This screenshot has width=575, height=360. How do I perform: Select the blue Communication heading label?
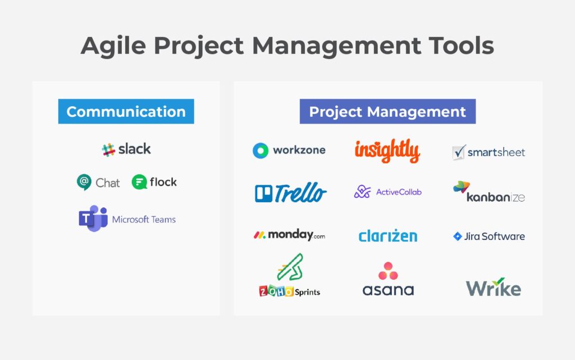126,111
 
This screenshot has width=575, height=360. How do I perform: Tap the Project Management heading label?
387,111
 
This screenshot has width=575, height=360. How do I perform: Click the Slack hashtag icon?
108,149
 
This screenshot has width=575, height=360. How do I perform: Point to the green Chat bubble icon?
84,182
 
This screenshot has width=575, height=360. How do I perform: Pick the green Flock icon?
139,182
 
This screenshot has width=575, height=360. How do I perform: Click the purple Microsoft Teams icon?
93,218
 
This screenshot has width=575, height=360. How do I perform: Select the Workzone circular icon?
261,151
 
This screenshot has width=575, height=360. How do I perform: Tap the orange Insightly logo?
387,151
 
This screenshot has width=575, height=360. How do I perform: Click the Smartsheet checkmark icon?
459,152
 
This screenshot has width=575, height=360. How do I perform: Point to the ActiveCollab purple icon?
362,192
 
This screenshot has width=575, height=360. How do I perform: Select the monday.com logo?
289,235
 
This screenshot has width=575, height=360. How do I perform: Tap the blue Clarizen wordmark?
387,236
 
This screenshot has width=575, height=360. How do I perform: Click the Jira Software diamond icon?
458,236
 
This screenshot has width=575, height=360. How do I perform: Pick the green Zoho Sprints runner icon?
290,267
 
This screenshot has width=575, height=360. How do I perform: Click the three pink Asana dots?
388,271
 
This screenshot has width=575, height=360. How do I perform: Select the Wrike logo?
493,288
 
